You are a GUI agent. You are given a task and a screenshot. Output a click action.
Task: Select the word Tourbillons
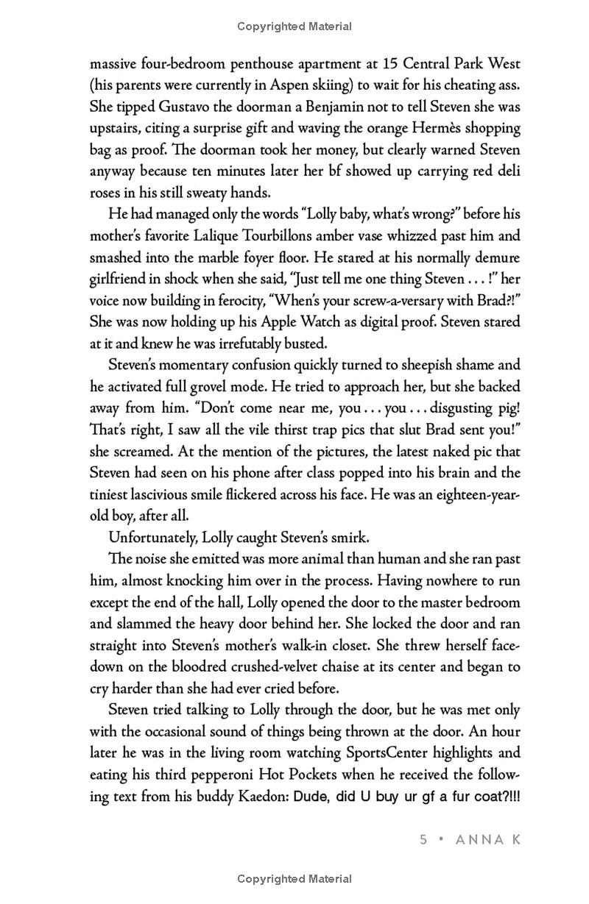coord(309,237)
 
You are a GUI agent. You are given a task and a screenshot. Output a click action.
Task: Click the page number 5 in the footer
coord(423,840)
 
